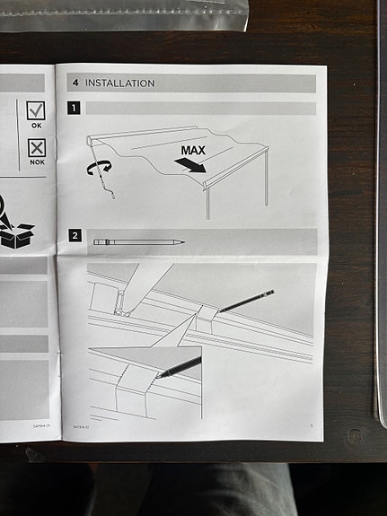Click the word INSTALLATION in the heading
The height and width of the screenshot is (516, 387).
pos(119,83)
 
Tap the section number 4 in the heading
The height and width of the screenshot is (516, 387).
pos(75,83)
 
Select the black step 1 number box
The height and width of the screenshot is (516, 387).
pos(75,109)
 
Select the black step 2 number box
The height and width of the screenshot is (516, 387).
pos(75,238)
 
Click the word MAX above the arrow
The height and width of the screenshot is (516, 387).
pos(197,150)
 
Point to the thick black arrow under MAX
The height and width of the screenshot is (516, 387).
pos(190,165)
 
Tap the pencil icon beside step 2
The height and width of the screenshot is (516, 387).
pos(139,241)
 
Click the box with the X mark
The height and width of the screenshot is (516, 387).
pos(36,148)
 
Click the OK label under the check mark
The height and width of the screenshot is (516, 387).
pos(36,126)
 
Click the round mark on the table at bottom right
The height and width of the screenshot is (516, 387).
pos(356,436)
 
